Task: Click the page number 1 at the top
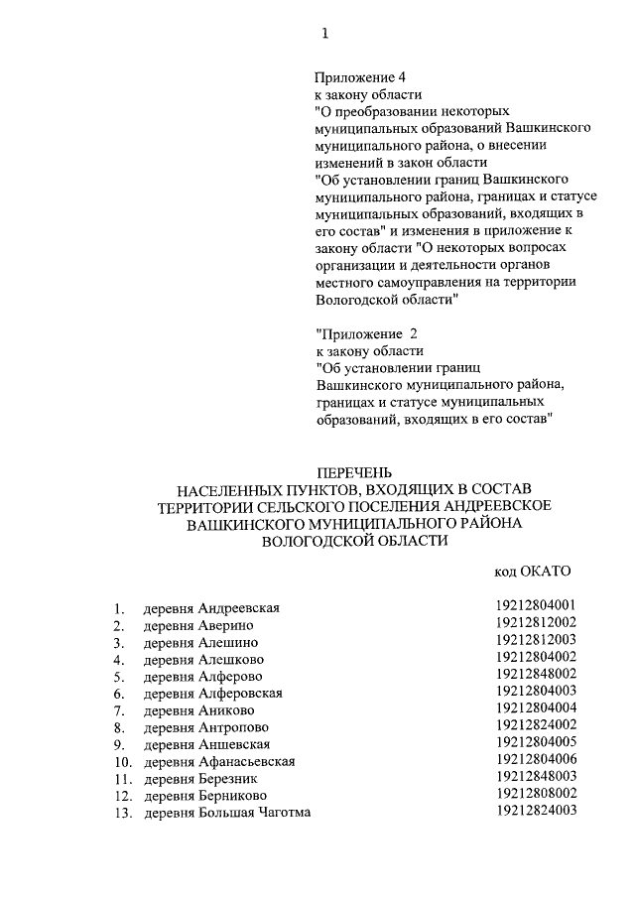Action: point(324,35)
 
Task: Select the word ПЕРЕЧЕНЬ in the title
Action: point(355,471)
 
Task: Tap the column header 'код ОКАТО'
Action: point(532,573)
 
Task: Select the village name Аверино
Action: point(226,625)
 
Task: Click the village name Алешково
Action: point(232,659)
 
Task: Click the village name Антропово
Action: point(234,727)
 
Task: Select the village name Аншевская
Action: point(234,744)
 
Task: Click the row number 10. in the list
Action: point(122,761)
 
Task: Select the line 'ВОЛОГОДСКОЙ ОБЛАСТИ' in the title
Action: point(355,541)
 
